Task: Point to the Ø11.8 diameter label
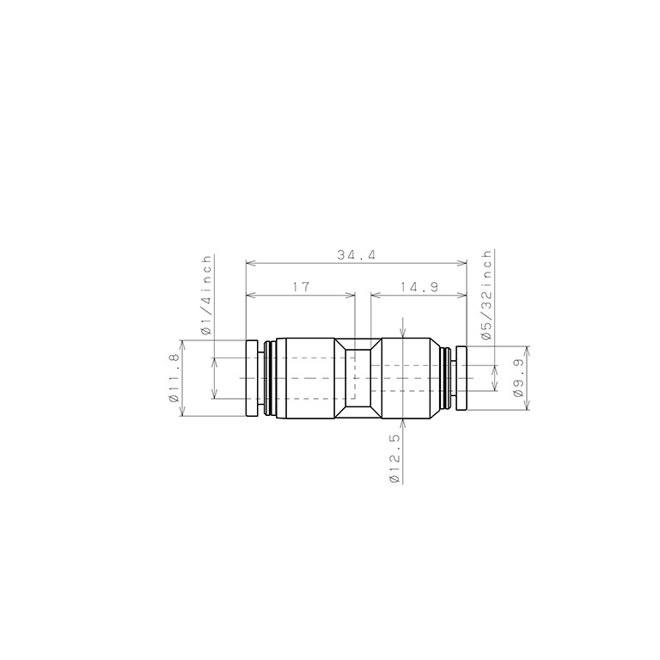pyautogui.click(x=174, y=378)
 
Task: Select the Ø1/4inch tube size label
pyautogui.click(x=205, y=294)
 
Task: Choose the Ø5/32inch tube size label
pyautogui.click(x=486, y=296)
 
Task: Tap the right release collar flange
pyautogui.click(x=461, y=378)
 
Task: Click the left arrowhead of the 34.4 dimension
pyautogui.click(x=250, y=263)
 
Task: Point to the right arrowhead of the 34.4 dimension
pyautogui.click(x=463, y=263)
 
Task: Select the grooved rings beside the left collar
pyautogui.click(x=271, y=378)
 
